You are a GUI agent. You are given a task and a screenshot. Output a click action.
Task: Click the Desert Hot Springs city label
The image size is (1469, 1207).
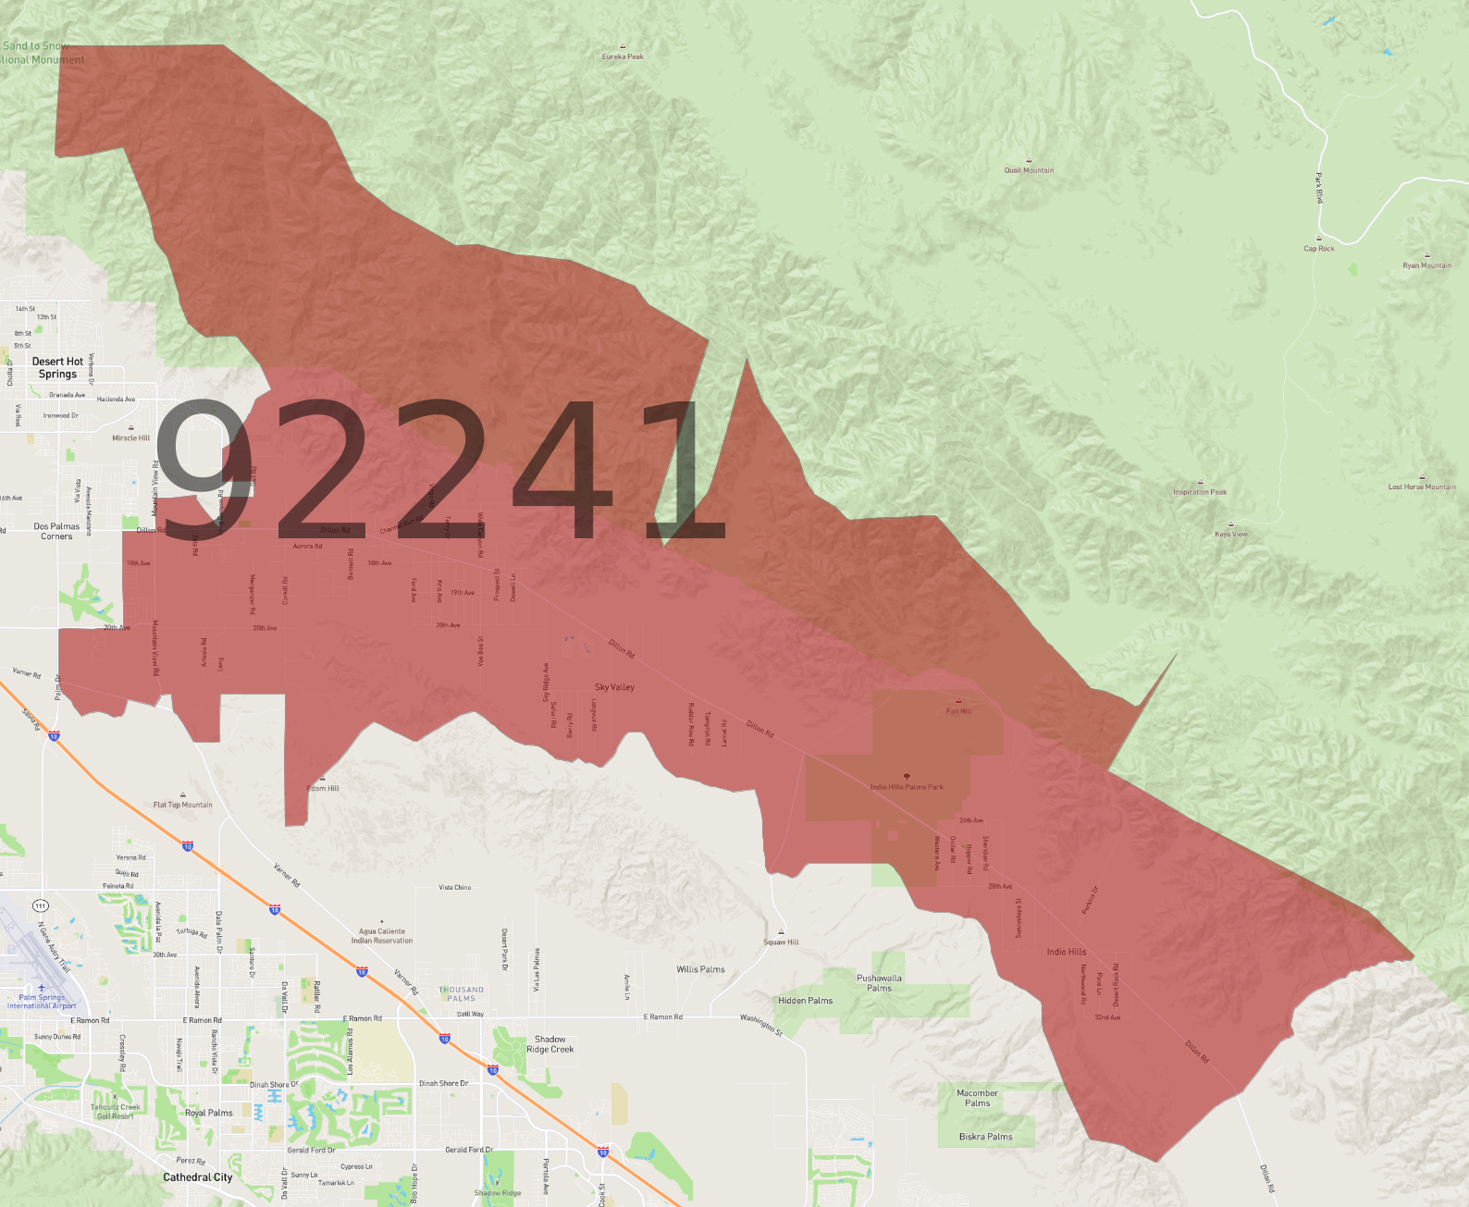point(57,368)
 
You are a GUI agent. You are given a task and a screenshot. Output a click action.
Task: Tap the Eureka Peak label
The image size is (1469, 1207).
point(623,56)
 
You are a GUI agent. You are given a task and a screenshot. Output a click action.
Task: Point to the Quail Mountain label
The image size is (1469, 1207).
point(1029,170)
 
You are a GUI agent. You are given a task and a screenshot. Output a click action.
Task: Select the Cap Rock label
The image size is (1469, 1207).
point(1319,248)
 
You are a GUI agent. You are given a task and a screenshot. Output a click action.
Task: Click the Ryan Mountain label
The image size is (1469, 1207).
point(1426,265)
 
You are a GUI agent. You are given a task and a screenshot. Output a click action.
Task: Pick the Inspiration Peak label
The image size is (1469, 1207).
point(1200,492)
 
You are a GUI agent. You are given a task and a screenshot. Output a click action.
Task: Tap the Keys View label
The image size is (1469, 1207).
point(1231,534)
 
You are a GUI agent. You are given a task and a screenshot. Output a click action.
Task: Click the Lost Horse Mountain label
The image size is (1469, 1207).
point(1422,486)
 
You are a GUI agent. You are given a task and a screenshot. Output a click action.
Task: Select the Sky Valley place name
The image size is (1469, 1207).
point(614,687)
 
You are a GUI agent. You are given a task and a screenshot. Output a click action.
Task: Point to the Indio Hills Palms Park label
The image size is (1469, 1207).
point(907,787)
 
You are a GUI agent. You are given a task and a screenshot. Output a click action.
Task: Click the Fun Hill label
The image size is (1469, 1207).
point(958,711)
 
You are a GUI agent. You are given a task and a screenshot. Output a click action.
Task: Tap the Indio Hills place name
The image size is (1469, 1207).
point(1066,952)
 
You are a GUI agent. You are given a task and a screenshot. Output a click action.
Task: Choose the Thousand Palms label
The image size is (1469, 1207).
point(461,994)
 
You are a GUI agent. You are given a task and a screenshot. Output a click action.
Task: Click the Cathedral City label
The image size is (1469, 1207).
point(198,1177)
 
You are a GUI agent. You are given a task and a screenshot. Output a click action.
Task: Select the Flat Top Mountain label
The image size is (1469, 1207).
point(183,805)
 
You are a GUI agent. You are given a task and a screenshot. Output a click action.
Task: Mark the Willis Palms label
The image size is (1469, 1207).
point(700,969)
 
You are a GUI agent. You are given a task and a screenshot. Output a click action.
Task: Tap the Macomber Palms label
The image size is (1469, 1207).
point(977,1098)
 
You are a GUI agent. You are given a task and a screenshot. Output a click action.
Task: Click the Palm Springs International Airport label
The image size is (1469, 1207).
point(42,1002)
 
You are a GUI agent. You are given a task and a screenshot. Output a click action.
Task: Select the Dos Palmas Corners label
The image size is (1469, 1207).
point(56,531)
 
